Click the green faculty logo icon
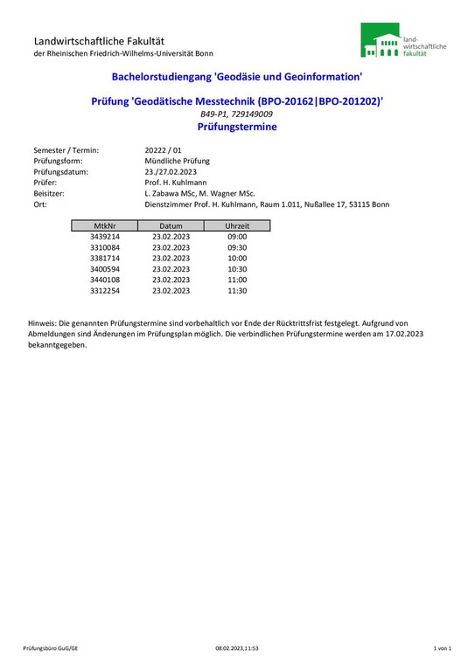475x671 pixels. pyautogui.click(x=381, y=41)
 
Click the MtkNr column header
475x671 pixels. pyautogui.click(x=105, y=225)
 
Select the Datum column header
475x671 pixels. pyautogui.click(x=171, y=225)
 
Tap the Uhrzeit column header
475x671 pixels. pyautogui.click(x=237, y=225)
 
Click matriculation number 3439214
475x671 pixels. pyautogui.click(x=105, y=237)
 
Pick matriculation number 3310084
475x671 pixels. pyautogui.click(x=105, y=247)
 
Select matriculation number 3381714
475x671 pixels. pyautogui.click(x=105, y=258)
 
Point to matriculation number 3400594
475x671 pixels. pyautogui.click(x=105, y=269)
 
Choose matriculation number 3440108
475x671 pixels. pyautogui.click(x=105, y=280)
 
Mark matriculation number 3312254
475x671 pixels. pyautogui.click(x=105, y=290)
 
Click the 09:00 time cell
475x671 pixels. pyautogui.click(x=237, y=237)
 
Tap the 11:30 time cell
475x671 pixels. pyautogui.click(x=237, y=290)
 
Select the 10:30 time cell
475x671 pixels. pyautogui.click(x=237, y=269)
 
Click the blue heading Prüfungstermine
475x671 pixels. pyautogui.click(x=237, y=127)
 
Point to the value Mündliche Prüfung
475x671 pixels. pyautogui.click(x=177, y=161)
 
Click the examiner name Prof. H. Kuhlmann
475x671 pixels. pyautogui.click(x=176, y=183)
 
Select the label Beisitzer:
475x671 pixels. pyautogui.click(x=50, y=193)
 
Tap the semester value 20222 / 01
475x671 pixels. pyautogui.click(x=163, y=150)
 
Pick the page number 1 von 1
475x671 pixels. pyautogui.click(x=442, y=648)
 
